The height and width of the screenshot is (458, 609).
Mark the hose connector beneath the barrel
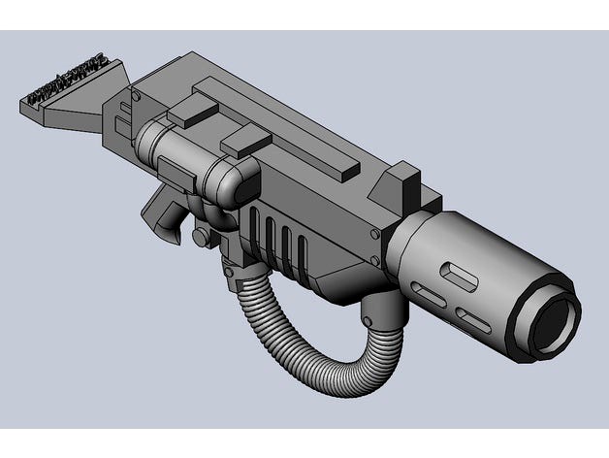coord(380,311)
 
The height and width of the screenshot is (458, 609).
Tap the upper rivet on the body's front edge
coord(374,234)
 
